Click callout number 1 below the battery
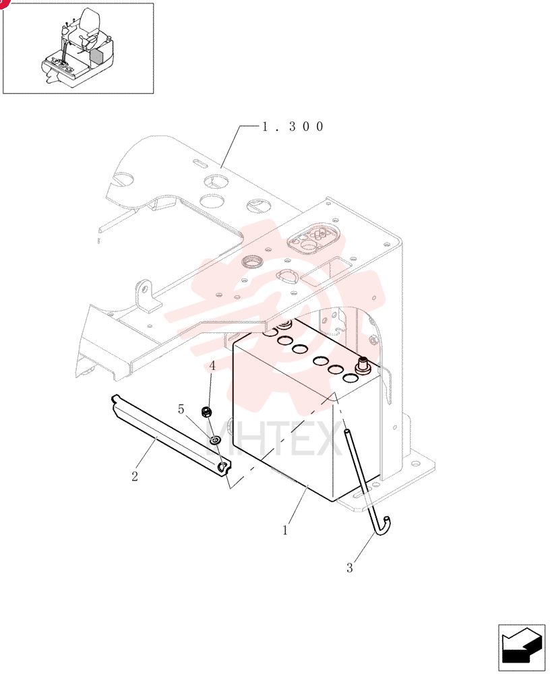284,530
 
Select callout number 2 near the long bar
135,477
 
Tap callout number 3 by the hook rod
350,568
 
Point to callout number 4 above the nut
212,366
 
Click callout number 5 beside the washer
181,409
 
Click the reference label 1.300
293,127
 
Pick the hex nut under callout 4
206,412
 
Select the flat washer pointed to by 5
215,439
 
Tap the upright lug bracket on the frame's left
147,295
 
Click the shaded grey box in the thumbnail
97,57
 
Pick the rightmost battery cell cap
351,378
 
